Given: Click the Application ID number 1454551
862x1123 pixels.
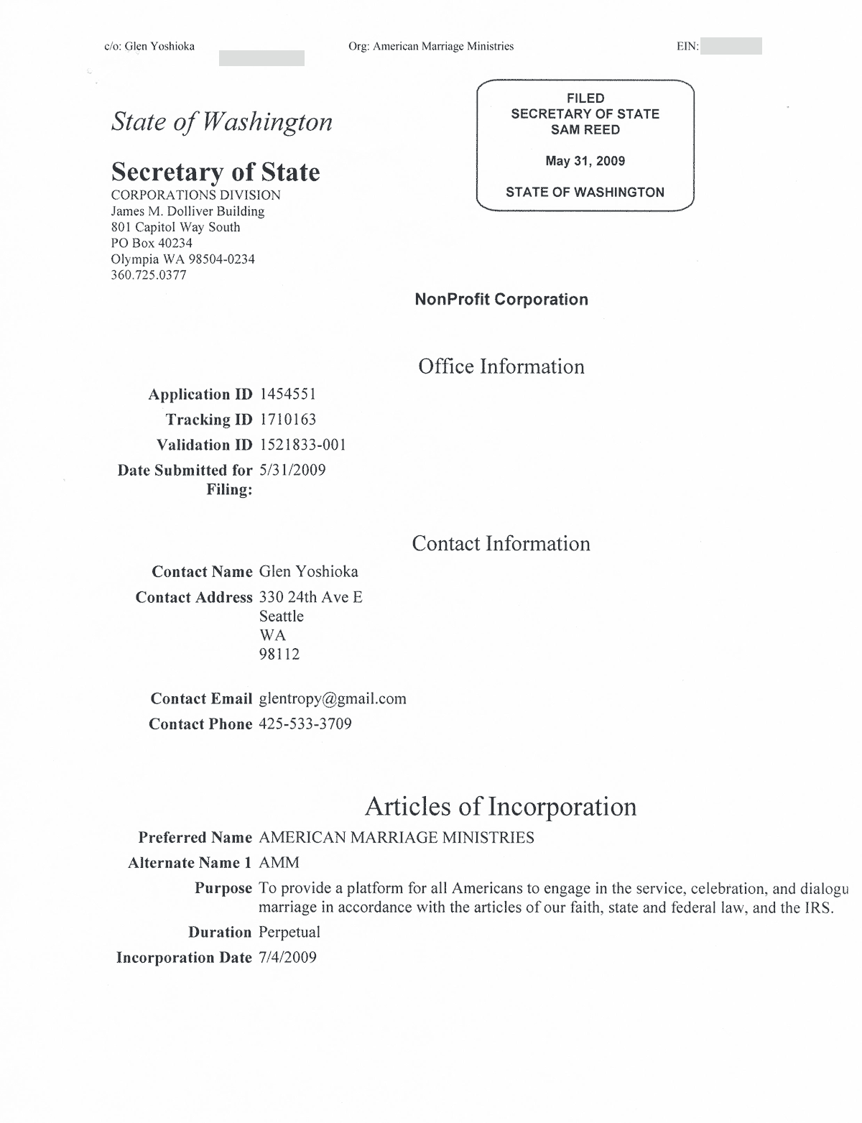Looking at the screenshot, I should [287, 394].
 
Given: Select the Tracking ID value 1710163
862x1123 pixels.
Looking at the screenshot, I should [287, 420].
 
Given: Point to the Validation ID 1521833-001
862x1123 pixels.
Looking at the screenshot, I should [302, 445].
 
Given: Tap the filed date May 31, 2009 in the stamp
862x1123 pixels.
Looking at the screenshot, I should [585, 161].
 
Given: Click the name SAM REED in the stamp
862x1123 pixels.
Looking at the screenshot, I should [585, 130].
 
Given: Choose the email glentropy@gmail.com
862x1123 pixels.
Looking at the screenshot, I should [332, 698].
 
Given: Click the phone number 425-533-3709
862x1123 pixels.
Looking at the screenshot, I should [305, 724].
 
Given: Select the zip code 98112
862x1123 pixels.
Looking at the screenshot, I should [279, 654].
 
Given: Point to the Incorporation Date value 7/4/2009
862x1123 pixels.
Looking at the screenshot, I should [287, 957].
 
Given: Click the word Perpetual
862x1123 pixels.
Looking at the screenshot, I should [289, 932].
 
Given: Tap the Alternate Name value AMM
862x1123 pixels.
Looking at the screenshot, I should [279, 862].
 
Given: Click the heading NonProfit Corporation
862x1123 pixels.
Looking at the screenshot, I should [501, 300].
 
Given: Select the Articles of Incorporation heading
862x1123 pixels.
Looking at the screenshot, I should [501, 806].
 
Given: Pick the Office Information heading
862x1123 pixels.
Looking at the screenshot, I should [501, 366].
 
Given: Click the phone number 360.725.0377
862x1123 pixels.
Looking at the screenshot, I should [149, 275].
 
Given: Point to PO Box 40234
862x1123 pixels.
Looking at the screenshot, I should [152, 243].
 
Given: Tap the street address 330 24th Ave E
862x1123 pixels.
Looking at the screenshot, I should [310, 597].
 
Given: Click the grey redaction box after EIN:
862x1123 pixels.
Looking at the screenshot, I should [731, 47].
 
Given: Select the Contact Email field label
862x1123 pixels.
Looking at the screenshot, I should [201, 698].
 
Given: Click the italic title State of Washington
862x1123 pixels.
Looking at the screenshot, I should [221, 122].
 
